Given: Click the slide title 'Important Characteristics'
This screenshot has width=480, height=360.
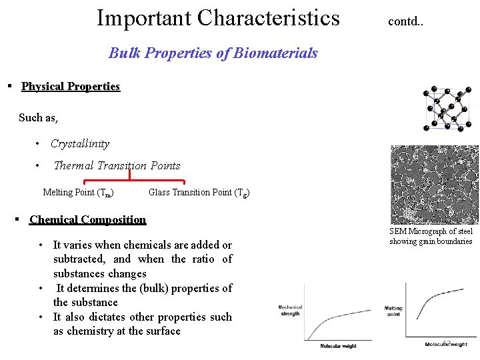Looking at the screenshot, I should click(218, 18).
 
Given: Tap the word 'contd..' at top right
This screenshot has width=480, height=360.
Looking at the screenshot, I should click(405, 21).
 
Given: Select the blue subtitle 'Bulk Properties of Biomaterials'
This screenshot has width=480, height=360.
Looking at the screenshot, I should click(213, 53).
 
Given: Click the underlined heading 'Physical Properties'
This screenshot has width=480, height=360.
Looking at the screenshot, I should click(71, 87).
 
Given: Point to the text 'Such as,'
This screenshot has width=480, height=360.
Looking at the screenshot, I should click(38, 118).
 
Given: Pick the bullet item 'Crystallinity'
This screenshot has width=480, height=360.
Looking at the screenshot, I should click(80, 144).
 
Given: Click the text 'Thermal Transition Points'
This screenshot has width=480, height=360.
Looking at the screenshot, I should click(117, 166).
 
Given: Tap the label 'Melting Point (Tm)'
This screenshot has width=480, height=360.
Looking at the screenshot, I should click(77, 193).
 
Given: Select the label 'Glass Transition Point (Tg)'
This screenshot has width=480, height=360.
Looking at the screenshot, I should click(199, 193).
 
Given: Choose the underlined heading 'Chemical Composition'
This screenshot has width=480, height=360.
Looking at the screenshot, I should click(87, 220).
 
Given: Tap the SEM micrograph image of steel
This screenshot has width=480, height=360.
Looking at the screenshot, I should click(434, 185).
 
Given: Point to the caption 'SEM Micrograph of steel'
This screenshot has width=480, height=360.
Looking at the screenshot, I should click(431, 231).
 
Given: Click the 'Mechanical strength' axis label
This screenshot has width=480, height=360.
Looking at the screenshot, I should click(291, 310).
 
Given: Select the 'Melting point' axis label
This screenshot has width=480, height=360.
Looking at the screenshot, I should click(393, 311).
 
